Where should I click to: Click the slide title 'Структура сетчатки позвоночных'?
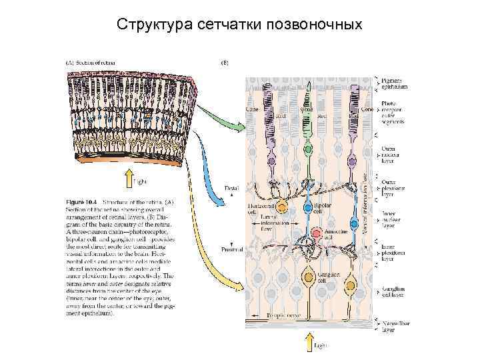point(239,25)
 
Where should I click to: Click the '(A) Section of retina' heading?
point(91,63)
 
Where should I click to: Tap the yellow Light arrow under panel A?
point(128,177)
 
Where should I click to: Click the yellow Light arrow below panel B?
point(309,342)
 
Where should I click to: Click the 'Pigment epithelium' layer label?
point(394,83)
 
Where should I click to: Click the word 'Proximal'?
point(233,249)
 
